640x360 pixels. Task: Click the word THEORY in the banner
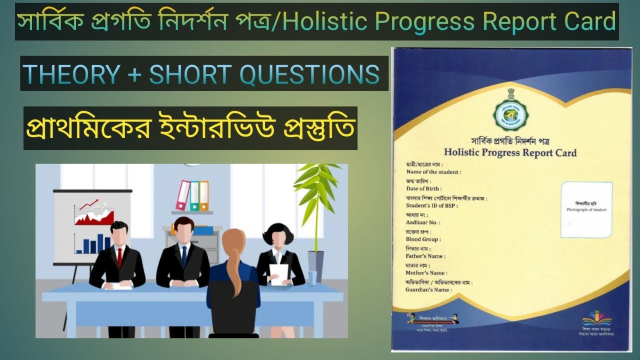(x=71, y=74)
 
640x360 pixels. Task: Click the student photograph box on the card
(x=586, y=209)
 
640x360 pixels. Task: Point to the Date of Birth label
(x=423, y=188)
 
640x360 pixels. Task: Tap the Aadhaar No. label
(x=423, y=222)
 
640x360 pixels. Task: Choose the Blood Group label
(x=423, y=239)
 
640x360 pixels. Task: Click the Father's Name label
(x=425, y=256)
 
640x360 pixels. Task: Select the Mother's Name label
(x=426, y=273)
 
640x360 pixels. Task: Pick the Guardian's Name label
(x=428, y=290)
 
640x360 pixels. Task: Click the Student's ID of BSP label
(x=431, y=205)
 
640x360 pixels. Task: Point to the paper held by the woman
(x=278, y=274)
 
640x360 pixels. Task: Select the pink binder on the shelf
(x=183, y=195)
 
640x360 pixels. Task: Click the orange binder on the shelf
(x=204, y=196)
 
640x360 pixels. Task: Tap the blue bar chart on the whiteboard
(x=93, y=243)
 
